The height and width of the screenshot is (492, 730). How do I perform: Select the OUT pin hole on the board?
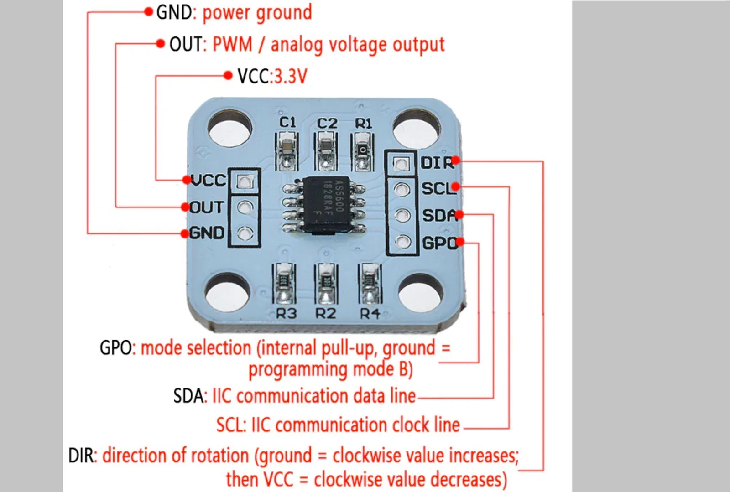point(245,208)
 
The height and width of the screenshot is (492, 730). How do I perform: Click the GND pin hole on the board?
point(245,234)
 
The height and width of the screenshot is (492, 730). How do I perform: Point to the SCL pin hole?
point(401,189)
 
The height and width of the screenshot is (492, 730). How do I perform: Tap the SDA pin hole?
point(402,215)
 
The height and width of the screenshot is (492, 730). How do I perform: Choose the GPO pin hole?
point(402,241)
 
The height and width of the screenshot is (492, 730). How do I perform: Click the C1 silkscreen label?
point(287,122)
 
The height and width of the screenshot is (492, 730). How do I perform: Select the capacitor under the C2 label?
point(326,145)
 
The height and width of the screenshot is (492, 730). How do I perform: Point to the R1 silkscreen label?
point(364,123)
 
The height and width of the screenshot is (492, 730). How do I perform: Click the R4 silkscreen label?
point(370,314)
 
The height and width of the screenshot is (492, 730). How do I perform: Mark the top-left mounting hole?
point(229,127)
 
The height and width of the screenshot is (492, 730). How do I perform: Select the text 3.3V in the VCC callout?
point(290,76)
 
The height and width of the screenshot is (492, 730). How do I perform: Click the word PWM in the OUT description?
point(232,45)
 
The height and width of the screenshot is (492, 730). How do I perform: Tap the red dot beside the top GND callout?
point(148,11)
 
